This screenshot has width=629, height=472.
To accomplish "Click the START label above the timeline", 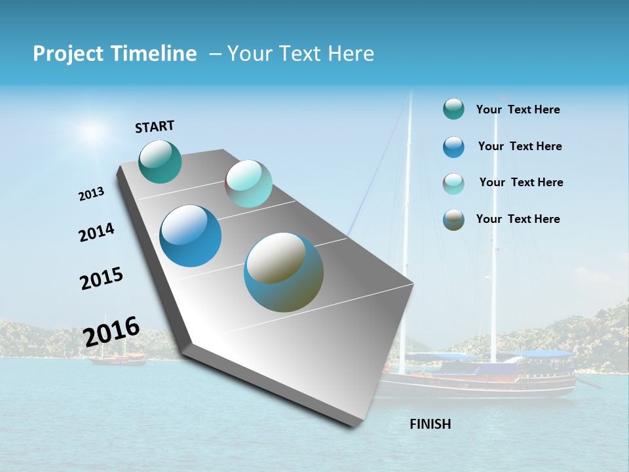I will pos(155,127).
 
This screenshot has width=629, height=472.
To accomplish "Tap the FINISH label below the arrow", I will pos(430,424).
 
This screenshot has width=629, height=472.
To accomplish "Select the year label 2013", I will pos(91,194).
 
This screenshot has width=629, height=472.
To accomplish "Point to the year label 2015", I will pos(102,278).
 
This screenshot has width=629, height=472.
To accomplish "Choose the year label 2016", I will pos(111,332).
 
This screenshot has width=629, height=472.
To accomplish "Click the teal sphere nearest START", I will pos(160,161).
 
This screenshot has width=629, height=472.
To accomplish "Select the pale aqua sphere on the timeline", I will pos(248,184).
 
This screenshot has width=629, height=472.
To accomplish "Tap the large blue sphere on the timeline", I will pos(190,236).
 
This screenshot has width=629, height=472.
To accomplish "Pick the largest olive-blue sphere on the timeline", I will pos(284,272).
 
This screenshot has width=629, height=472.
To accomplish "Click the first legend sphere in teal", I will pos(453,109).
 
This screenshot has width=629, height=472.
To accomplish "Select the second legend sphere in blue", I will pos(453,147).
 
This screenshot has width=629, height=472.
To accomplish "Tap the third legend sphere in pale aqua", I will pos(453,184).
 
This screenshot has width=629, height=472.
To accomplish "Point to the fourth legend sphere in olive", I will pos(453,220).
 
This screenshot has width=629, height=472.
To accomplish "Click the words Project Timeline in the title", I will pos(115,54).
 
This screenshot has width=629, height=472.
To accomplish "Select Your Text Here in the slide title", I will pos(300,54).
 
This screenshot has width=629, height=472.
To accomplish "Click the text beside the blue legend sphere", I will pos(520,146).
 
